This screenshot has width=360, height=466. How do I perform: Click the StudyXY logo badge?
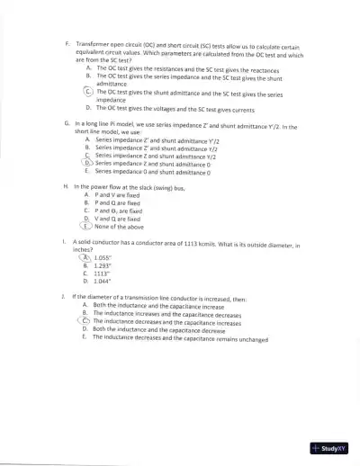(x=328, y=447)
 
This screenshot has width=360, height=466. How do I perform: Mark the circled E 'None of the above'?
(x=88, y=226)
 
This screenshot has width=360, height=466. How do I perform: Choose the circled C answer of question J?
(x=85, y=320)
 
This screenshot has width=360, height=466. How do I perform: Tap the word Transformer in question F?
(x=94, y=43)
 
